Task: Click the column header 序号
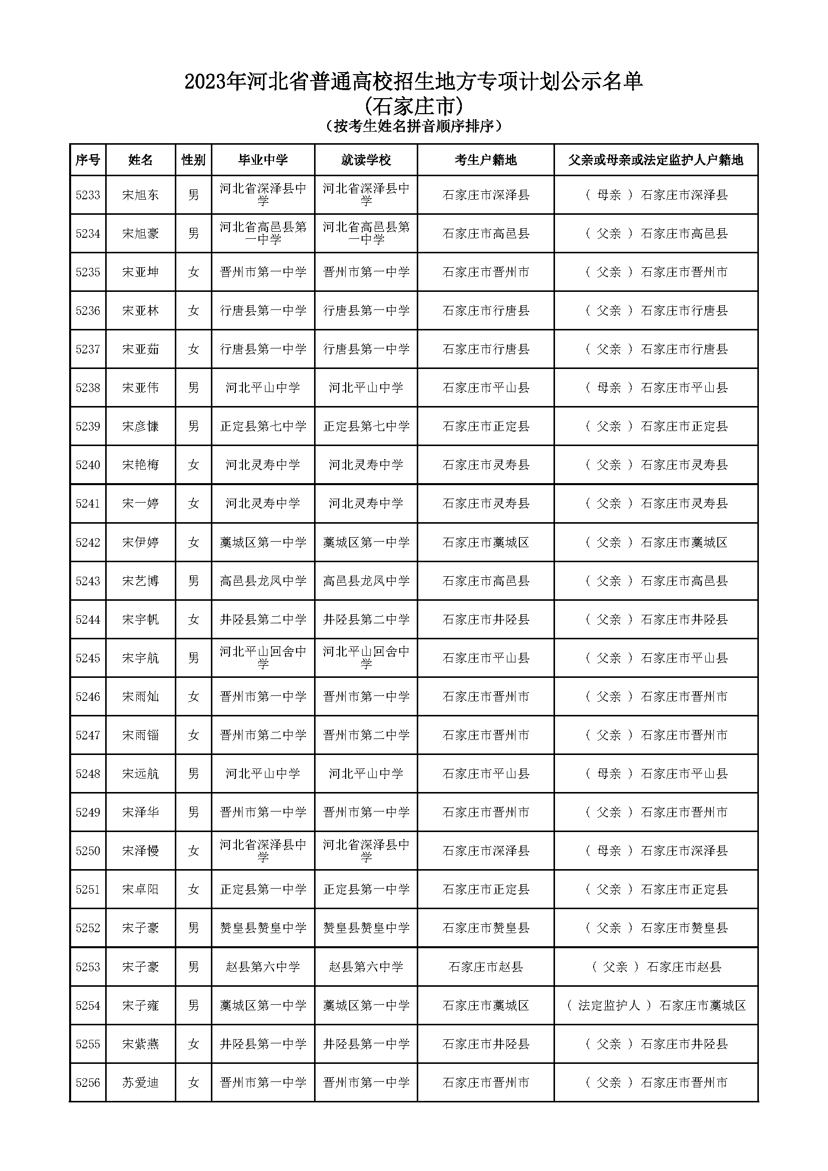coord(87,160)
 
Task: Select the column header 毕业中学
coord(263,160)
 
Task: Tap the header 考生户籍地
coord(485,160)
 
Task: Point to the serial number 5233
coord(88,195)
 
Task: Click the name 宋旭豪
coord(140,234)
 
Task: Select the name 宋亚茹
coord(140,349)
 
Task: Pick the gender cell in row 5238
coord(193,387)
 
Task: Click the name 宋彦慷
coord(140,427)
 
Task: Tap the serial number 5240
coord(88,465)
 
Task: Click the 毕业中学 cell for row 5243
coord(263,581)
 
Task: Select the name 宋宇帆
coord(140,620)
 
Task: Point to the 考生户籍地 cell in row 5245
coord(485,658)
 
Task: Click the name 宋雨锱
coord(140,735)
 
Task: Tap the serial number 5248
coord(88,773)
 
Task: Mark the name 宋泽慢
coord(140,851)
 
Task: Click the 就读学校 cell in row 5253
coord(366,967)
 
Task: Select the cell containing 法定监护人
coord(656,1006)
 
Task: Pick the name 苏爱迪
coord(140,1083)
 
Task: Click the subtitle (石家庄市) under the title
coord(414,106)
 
